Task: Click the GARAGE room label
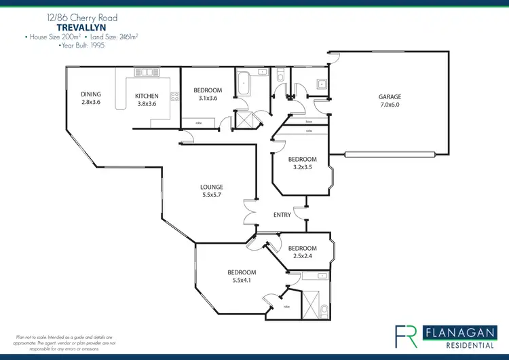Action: (x=390, y=97)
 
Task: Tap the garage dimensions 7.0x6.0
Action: (x=390, y=105)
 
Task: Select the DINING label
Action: (x=91, y=94)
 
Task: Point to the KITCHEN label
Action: (x=147, y=96)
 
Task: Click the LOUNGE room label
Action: (x=212, y=187)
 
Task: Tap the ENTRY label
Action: (x=282, y=215)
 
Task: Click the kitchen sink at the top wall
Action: (x=146, y=71)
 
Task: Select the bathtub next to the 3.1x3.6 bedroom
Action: (x=243, y=85)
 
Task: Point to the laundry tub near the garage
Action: (x=321, y=84)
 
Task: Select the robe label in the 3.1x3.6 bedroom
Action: (x=199, y=123)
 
